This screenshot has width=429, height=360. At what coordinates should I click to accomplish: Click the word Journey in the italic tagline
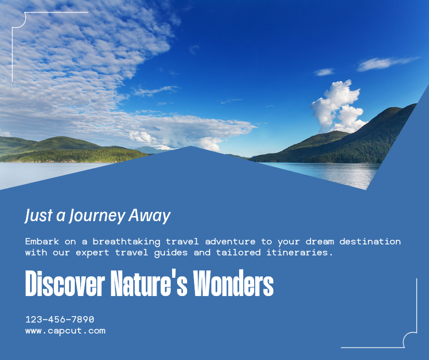click(x=97, y=216)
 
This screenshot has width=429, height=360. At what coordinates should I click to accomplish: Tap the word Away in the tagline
click(x=150, y=216)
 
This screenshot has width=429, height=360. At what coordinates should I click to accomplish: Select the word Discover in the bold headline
click(x=65, y=283)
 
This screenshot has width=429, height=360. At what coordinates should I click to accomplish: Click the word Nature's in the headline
click(x=149, y=283)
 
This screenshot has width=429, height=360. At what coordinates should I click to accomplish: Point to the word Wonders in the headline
click(x=233, y=283)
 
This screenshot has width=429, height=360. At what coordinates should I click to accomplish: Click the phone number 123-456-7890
click(x=60, y=319)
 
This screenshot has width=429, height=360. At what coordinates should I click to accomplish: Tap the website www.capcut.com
click(x=65, y=331)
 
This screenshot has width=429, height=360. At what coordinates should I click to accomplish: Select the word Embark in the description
click(x=42, y=241)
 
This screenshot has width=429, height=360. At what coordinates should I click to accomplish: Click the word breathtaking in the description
click(x=126, y=242)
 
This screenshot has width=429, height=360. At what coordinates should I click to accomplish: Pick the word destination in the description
click(x=370, y=241)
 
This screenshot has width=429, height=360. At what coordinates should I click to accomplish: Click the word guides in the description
click(x=171, y=253)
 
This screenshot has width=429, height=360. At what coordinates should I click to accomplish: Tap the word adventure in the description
click(x=230, y=241)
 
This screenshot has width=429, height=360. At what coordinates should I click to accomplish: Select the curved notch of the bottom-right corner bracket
click(x=409, y=339)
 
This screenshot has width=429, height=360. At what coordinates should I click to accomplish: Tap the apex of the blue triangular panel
click(x=191, y=146)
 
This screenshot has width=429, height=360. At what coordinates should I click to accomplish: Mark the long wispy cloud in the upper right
click(x=387, y=64)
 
